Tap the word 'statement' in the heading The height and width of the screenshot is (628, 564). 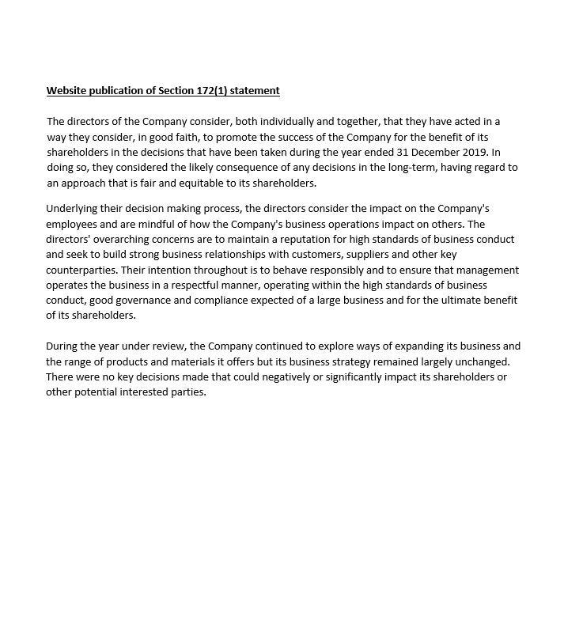[x=255, y=90]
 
